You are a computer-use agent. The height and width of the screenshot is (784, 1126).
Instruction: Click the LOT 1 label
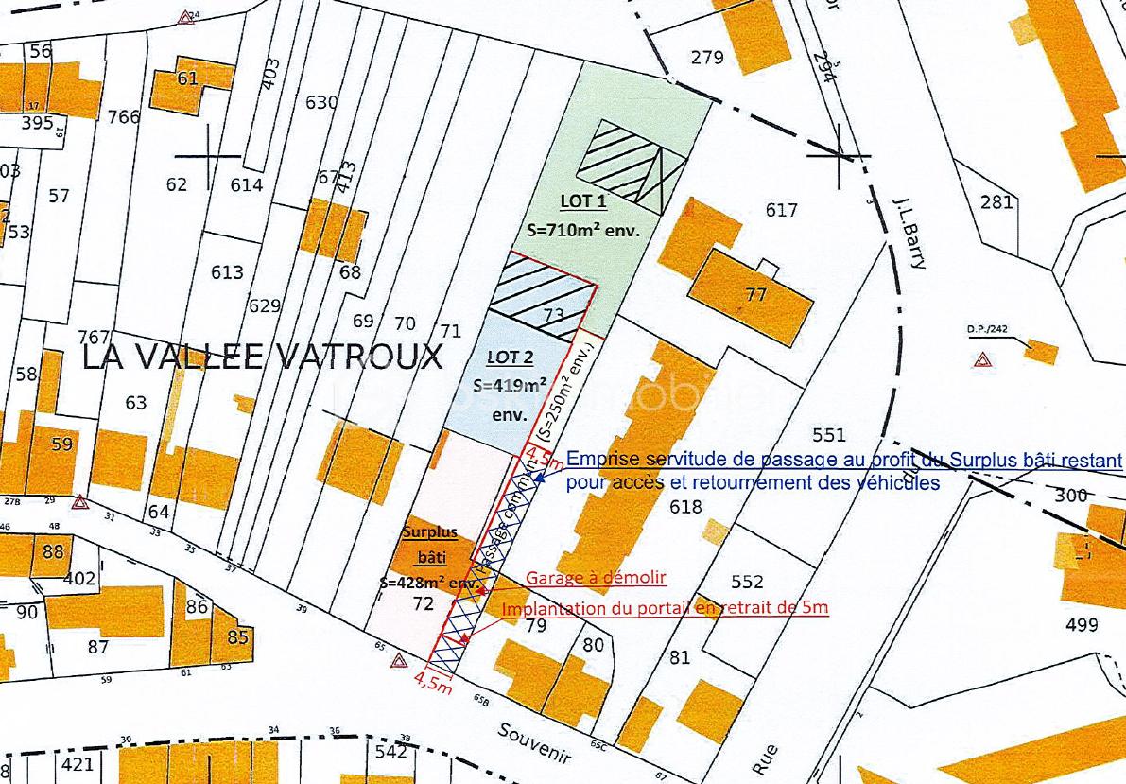click(583, 201)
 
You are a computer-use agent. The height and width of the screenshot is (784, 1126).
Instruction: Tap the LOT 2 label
click(510, 357)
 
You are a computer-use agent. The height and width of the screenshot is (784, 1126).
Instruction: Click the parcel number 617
click(782, 210)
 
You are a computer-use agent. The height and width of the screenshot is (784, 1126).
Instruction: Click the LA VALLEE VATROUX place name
click(262, 357)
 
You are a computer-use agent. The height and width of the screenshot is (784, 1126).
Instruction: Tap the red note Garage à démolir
click(596, 578)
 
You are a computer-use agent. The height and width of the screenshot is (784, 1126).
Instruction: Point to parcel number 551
click(828, 435)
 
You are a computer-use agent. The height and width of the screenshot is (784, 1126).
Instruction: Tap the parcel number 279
click(706, 58)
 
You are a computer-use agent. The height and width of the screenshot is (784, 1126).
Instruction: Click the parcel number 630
click(321, 102)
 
